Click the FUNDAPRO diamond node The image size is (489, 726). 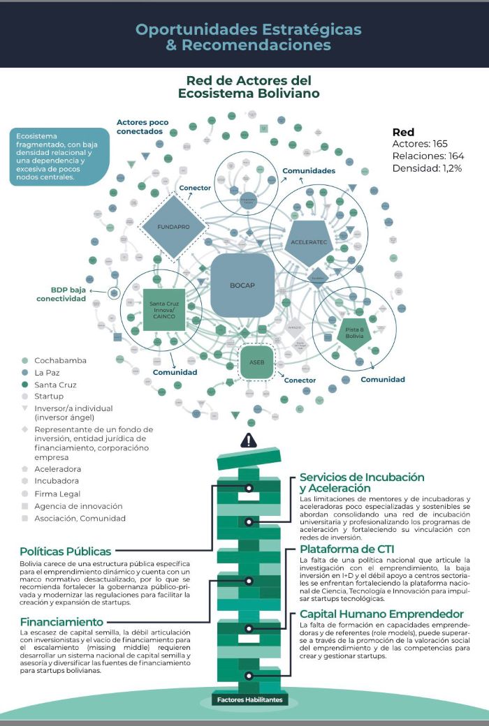173,227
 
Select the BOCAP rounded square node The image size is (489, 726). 242,286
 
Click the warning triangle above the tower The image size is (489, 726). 249,440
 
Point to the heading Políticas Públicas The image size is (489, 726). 66,551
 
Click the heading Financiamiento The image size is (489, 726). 61,622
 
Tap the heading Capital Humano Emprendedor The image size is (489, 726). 372,614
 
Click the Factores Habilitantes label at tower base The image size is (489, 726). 249,699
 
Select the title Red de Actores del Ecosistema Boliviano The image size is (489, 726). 249,87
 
